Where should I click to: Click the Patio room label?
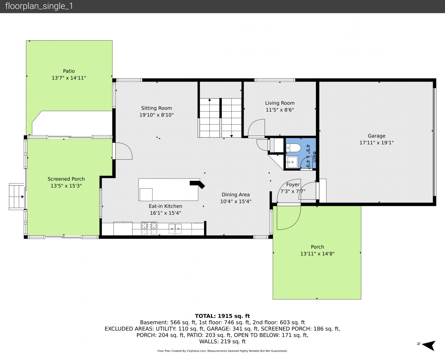pos(69,71)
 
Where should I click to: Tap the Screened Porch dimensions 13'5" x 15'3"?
pos(66,186)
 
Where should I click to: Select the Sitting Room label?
pos(156,108)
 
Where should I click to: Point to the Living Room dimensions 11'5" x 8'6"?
pos(280,110)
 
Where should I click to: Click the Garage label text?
pos(376,136)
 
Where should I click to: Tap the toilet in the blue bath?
pos(293,148)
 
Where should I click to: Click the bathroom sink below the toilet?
pos(292,162)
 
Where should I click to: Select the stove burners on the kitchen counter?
pos(149,228)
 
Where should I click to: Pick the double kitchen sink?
pos(175,229)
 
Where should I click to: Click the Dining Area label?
pos(236,195)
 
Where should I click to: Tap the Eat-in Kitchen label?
pos(165,206)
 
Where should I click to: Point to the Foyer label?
pos(293,184)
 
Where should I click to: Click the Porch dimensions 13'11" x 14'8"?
pos(317,254)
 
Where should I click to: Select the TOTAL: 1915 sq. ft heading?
pos(222,316)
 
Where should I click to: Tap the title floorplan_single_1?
pos(39,6)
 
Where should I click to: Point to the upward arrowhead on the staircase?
pos(210,100)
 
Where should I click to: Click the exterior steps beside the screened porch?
pos(17,196)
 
